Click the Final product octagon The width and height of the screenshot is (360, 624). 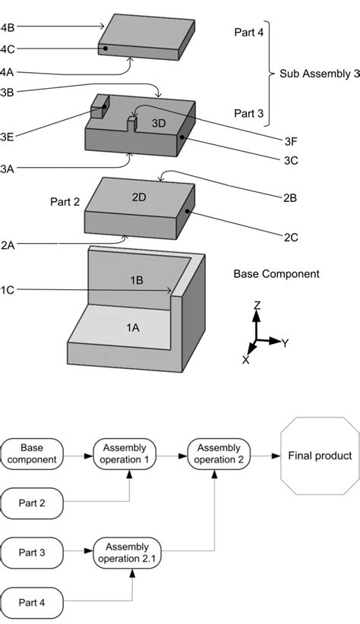(319, 455)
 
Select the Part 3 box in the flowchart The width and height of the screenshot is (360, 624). (32, 552)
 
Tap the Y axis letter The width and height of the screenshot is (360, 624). (284, 343)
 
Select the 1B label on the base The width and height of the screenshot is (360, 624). (137, 280)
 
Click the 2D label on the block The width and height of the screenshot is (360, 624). (139, 197)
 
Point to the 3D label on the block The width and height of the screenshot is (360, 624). (157, 123)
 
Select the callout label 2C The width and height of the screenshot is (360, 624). (290, 238)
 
